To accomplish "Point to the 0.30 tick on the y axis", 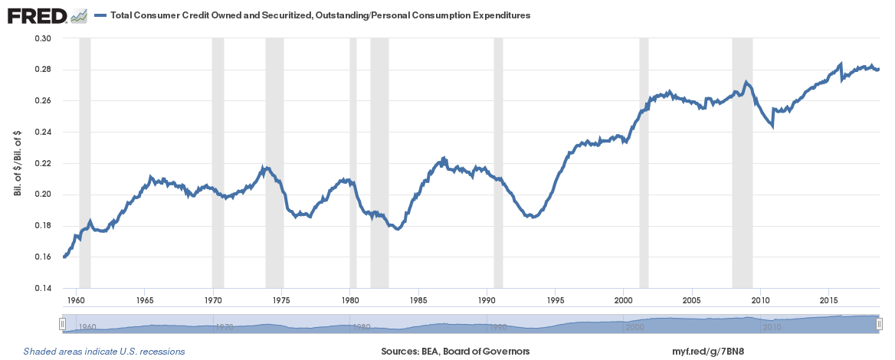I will tap(44, 38).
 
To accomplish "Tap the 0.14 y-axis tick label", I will tap(44, 288).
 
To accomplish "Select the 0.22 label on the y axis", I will tap(44, 163).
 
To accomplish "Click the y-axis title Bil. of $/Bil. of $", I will tap(17, 163).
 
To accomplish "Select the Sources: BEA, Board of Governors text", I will tap(455, 352).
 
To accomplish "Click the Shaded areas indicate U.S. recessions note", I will tap(104, 352).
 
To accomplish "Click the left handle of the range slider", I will tap(63, 325).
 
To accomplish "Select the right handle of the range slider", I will tap(880, 325).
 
